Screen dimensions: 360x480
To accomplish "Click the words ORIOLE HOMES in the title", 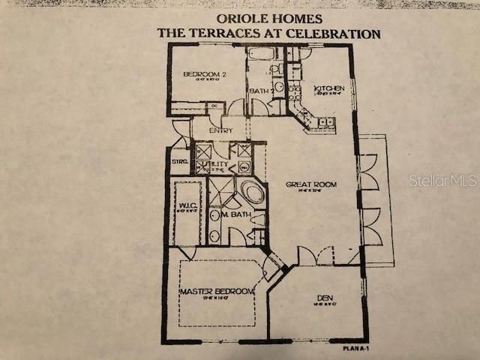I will coord(268,18).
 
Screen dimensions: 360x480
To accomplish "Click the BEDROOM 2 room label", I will coord(205,73).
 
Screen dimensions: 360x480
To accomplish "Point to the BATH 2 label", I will coord(260,91).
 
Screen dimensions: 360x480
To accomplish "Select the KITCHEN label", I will coord(329,88).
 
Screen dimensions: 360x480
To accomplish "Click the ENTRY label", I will coord(220,130).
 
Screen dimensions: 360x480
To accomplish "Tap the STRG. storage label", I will coord(179,161).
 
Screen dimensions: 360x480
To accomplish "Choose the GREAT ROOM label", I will coord(310,184).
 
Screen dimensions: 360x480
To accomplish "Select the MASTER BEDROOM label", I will coord(217,291).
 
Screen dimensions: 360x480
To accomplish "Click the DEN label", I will coord(325,298).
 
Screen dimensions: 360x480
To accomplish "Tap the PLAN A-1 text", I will coord(357,348).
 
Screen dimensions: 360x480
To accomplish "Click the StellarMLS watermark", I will coord(443,180).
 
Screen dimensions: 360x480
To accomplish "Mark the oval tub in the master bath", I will coord(251,193).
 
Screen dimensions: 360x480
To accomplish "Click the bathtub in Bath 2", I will coord(262,53).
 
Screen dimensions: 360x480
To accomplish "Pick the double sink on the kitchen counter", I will coord(325,121).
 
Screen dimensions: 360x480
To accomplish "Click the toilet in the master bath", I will coord(257,219).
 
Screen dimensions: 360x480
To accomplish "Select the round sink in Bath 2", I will coord(278,85).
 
